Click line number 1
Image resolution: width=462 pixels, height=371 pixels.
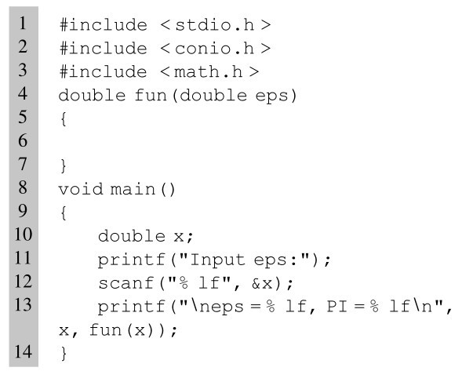23,24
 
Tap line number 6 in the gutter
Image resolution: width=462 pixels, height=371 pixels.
23,140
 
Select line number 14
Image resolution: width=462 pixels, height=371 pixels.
23,351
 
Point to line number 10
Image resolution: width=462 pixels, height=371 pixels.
23,235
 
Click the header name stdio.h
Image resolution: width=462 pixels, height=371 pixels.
214,25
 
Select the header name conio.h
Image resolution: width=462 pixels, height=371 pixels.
214,49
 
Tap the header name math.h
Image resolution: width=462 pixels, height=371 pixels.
208,72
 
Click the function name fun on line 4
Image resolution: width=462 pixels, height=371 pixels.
151,95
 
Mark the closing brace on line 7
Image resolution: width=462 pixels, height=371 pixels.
64,166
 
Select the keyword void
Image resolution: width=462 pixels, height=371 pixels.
81,189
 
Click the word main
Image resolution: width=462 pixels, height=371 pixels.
133,189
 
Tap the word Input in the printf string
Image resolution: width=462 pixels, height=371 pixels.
218,260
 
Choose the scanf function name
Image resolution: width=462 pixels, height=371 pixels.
126,283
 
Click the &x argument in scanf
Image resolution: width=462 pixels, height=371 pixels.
262,283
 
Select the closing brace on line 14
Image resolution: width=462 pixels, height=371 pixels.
64,353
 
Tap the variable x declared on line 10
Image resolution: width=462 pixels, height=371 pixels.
179,237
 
